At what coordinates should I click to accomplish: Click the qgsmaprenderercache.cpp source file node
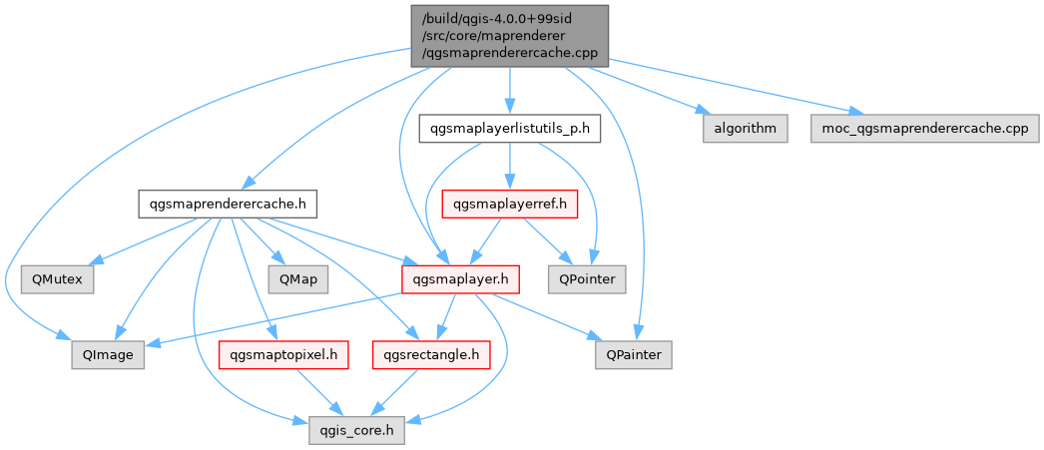click(x=508, y=35)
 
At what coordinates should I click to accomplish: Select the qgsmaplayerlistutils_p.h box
click(x=509, y=129)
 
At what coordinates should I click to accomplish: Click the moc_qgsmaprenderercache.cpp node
click(x=924, y=129)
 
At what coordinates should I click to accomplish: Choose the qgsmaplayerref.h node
click(x=510, y=205)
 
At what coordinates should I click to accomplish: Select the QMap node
click(x=297, y=279)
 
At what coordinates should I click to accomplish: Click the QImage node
click(x=108, y=354)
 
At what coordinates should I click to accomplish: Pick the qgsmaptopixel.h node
click(x=283, y=354)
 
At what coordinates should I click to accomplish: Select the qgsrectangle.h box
click(x=430, y=354)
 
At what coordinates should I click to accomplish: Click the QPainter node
click(x=634, y=354)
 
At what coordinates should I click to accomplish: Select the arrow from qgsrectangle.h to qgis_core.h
click(x=397, y=392)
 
